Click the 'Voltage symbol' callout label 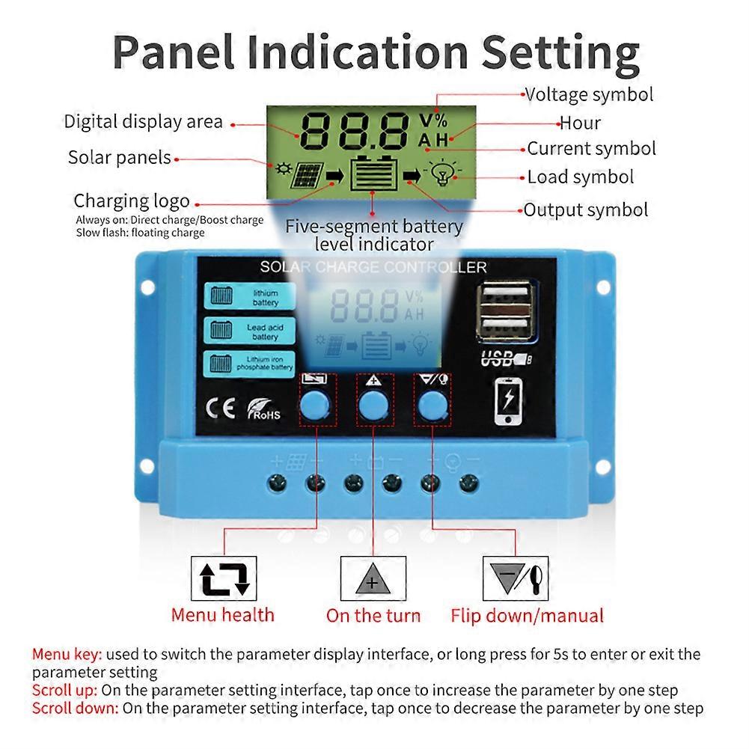[x=589, y=95]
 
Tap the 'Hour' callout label [x=580, y=123]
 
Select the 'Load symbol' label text [x=581, y=177]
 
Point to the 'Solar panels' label [x=120, y=158]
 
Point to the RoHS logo [x=263, y=410]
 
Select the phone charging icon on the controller [x=509, y=403]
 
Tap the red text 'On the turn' [x=373, y=616]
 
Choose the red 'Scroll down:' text [x=75, y=707]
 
